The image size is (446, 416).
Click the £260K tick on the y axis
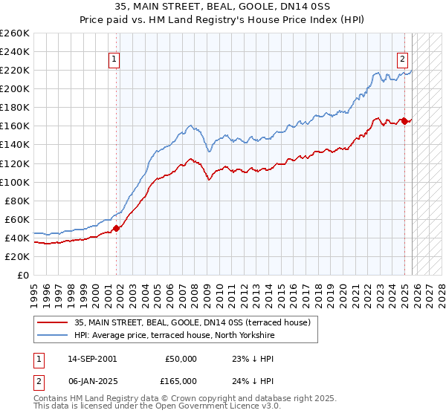point(15,33)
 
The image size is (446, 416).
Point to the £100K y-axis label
point(15,182)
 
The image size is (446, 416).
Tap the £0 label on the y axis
point(23,276)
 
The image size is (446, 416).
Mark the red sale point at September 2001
point(116,229)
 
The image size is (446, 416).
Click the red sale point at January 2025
point(404,121)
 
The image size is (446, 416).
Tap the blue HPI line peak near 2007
point(191,126)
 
